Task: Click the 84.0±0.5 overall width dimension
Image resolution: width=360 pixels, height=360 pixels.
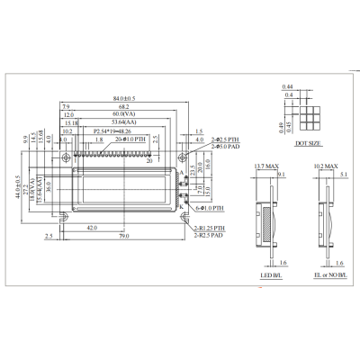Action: click(x=122, y=97)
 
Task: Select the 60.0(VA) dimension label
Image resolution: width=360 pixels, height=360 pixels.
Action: click(x=123, y=115)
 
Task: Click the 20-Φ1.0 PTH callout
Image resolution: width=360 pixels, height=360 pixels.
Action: click(x=131, y=139)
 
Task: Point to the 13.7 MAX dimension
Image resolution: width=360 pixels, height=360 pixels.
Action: click(x=266, y=167)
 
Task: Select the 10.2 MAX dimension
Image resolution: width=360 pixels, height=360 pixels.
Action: click(x=326, y=167)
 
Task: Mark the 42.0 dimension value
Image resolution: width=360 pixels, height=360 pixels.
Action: click(x=92, y=229)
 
